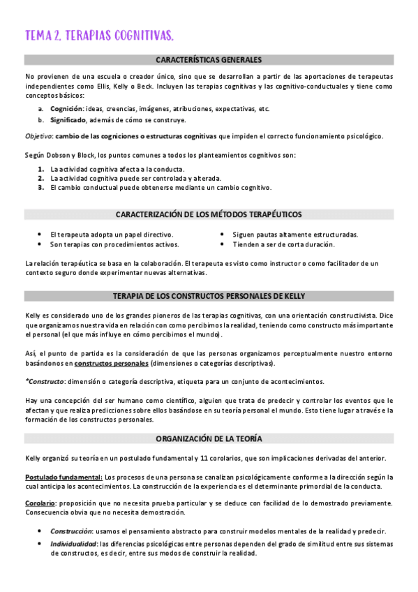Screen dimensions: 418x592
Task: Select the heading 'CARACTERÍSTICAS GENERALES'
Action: pyautogui.click(x=209, y=60)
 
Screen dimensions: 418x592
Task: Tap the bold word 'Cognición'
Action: pyautogui.click(x=67, y=109)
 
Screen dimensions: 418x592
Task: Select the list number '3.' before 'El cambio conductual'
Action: pyautogui.click(x=41, y=187)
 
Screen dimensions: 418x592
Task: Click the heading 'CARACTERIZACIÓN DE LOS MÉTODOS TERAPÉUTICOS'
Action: pyautogui.click(x=209, y=214)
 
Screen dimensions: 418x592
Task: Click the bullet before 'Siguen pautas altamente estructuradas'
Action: pyautogui.click(x=223, y=235)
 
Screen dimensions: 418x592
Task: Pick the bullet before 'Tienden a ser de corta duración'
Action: pyautogui.click(x=223, y=244)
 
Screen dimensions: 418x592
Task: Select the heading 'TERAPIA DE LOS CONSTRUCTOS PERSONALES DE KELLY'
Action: pyautogui.click(x=209, y=296)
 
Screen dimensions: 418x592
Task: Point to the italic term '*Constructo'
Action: pyautogui.click(x=44, y=381)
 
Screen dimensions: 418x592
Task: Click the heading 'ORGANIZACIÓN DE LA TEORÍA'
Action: pyautogui.click(x=209, y=438)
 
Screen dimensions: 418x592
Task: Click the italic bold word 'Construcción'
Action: pyautogui.click(x=73, y=531)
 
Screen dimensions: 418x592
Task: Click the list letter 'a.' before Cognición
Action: pyautogui.click(x=41, y=109)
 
